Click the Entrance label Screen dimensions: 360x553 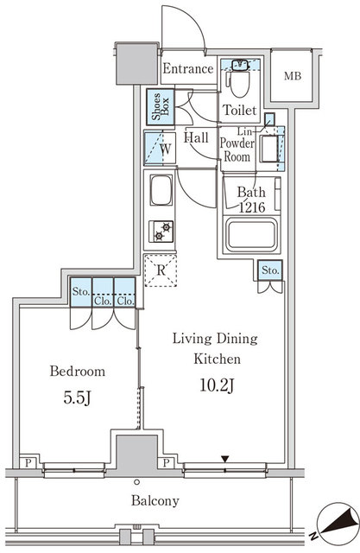(x=188, y=68)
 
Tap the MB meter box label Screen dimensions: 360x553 (x=293, y=76)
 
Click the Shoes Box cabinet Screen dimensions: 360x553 (x=161, y=106)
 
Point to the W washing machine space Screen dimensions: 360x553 (x=160, y=148)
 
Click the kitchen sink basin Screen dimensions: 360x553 (x=161, y=190)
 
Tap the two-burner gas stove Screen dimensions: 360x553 (x=161, y=232)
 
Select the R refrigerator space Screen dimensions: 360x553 (x=161, y=270)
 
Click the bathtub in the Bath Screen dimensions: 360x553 (x=251, y=234)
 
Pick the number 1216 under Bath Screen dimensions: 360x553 (x=252, y=207)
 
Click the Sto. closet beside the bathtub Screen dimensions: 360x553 (x=270, y=270)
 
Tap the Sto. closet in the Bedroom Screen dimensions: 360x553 (x=80, y=292)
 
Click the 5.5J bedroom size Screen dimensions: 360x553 (x=78, y=397)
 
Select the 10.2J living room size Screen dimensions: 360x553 (x=217, y=385)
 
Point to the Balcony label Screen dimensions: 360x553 (x=155, y=500)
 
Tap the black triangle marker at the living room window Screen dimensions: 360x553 (x=225, y=459)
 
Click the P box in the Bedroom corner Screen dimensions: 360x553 (x=28, y=462)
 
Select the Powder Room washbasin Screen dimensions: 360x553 (x=269, y=149)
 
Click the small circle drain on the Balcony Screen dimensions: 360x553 (x=137, y=482)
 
